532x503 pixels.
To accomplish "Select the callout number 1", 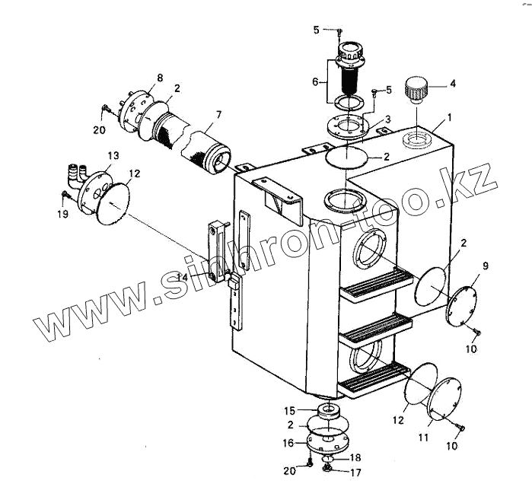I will [449, 118].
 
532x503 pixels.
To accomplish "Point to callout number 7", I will [218, 115].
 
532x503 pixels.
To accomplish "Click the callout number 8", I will [160, 78].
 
